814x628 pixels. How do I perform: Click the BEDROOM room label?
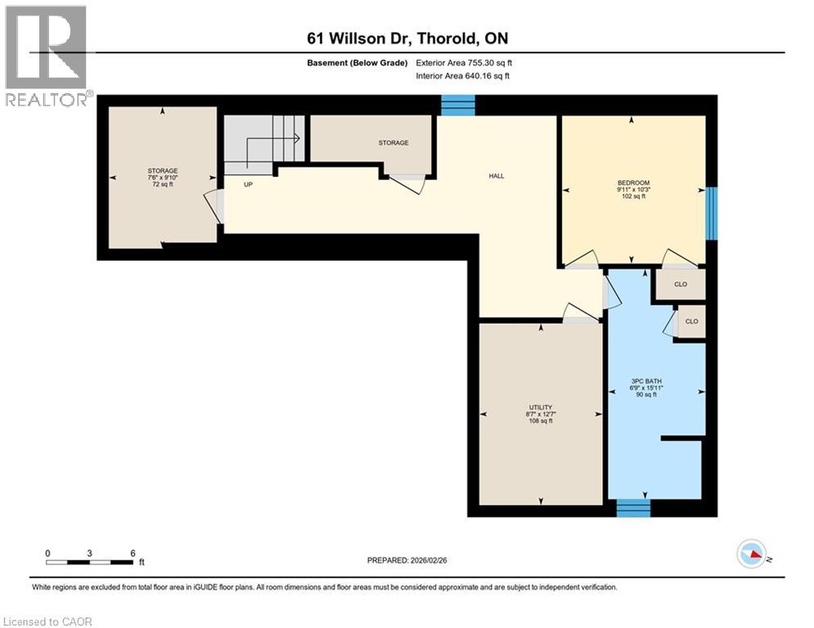(633, 182)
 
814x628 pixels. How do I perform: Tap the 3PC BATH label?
(646, 381)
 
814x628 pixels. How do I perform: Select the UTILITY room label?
(541, 407)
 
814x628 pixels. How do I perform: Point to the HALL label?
(497, 176)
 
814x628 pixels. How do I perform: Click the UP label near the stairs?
(248, 184)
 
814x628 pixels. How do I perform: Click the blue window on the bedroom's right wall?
(711, 213)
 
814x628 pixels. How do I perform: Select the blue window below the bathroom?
(633, 508)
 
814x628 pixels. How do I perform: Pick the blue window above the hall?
(458, 105)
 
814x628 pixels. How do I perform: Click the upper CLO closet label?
(681, 284)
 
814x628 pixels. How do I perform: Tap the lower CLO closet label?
(691, 321)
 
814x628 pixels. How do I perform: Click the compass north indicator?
(752, 554)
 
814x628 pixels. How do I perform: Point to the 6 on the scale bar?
(133, 554)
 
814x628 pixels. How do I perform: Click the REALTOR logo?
(47, 56)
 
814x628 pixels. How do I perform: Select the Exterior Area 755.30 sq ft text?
(464, 63)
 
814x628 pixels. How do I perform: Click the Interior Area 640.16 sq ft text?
(462, 76)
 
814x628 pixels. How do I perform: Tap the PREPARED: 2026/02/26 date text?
(407, 560)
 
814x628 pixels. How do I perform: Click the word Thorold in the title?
(447, 38)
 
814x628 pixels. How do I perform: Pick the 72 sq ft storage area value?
(163, 184)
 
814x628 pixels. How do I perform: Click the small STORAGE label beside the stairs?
(394, 143)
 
